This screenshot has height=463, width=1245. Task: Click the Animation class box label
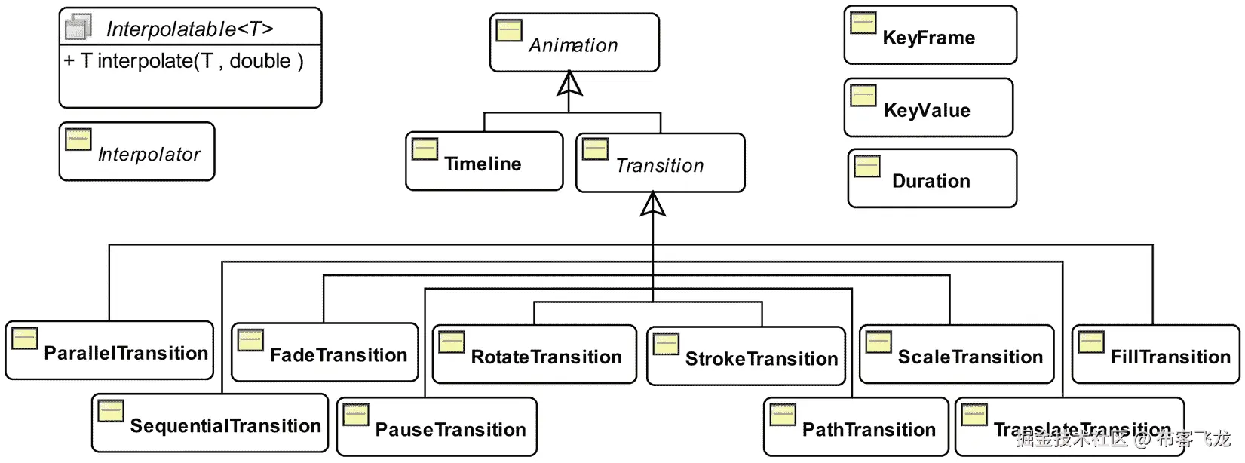[573, 46]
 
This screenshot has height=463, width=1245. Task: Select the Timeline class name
[483, 164]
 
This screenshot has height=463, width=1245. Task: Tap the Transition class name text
[660, 166]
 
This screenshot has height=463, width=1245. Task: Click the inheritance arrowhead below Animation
[569, 84]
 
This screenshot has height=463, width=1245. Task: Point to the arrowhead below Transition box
[653, 204]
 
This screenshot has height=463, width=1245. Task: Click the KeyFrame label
[928, 38]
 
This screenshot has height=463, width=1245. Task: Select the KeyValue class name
[927, 111]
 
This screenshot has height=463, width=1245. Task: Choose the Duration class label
[931, 182]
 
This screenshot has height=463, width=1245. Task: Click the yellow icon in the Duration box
[867, 166]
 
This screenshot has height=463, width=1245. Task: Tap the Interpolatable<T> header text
[189, 29]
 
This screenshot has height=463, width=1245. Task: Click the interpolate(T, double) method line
[184, 62]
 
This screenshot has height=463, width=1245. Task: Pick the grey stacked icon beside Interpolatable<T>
[78, 27]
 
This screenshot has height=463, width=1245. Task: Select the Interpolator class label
[149, 155]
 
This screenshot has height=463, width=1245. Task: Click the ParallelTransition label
[126, 354]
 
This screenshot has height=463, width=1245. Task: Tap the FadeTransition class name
[339, 355]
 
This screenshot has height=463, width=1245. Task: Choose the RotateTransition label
[546, 357]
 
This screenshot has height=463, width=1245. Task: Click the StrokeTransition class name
[762, 359]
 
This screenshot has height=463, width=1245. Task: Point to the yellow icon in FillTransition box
[1090, 342]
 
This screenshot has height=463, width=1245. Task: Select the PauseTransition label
[450, 430]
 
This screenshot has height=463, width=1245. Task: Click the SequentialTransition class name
[225, 426]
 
